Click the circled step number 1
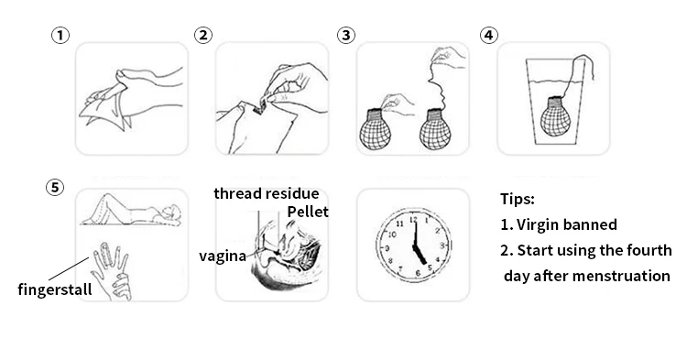pos(60,35)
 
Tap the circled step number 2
pos(203,35)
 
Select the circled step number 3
pos(346,35)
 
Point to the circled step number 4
pos(489,35)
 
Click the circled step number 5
pos(55,188)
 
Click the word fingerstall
pos(55,289)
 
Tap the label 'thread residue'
pos(267,193)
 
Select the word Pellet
pos(308,212)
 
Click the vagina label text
pos(223,256)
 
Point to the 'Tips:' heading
pos(518,199)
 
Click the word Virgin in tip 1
pos(540,224)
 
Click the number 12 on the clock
pos(413,220)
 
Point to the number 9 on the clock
pos(387,248)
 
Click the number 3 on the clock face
pos(442,245)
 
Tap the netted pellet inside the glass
pos(555,116)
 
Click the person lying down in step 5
pos(131,210)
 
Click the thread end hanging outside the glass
pos(593,75)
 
